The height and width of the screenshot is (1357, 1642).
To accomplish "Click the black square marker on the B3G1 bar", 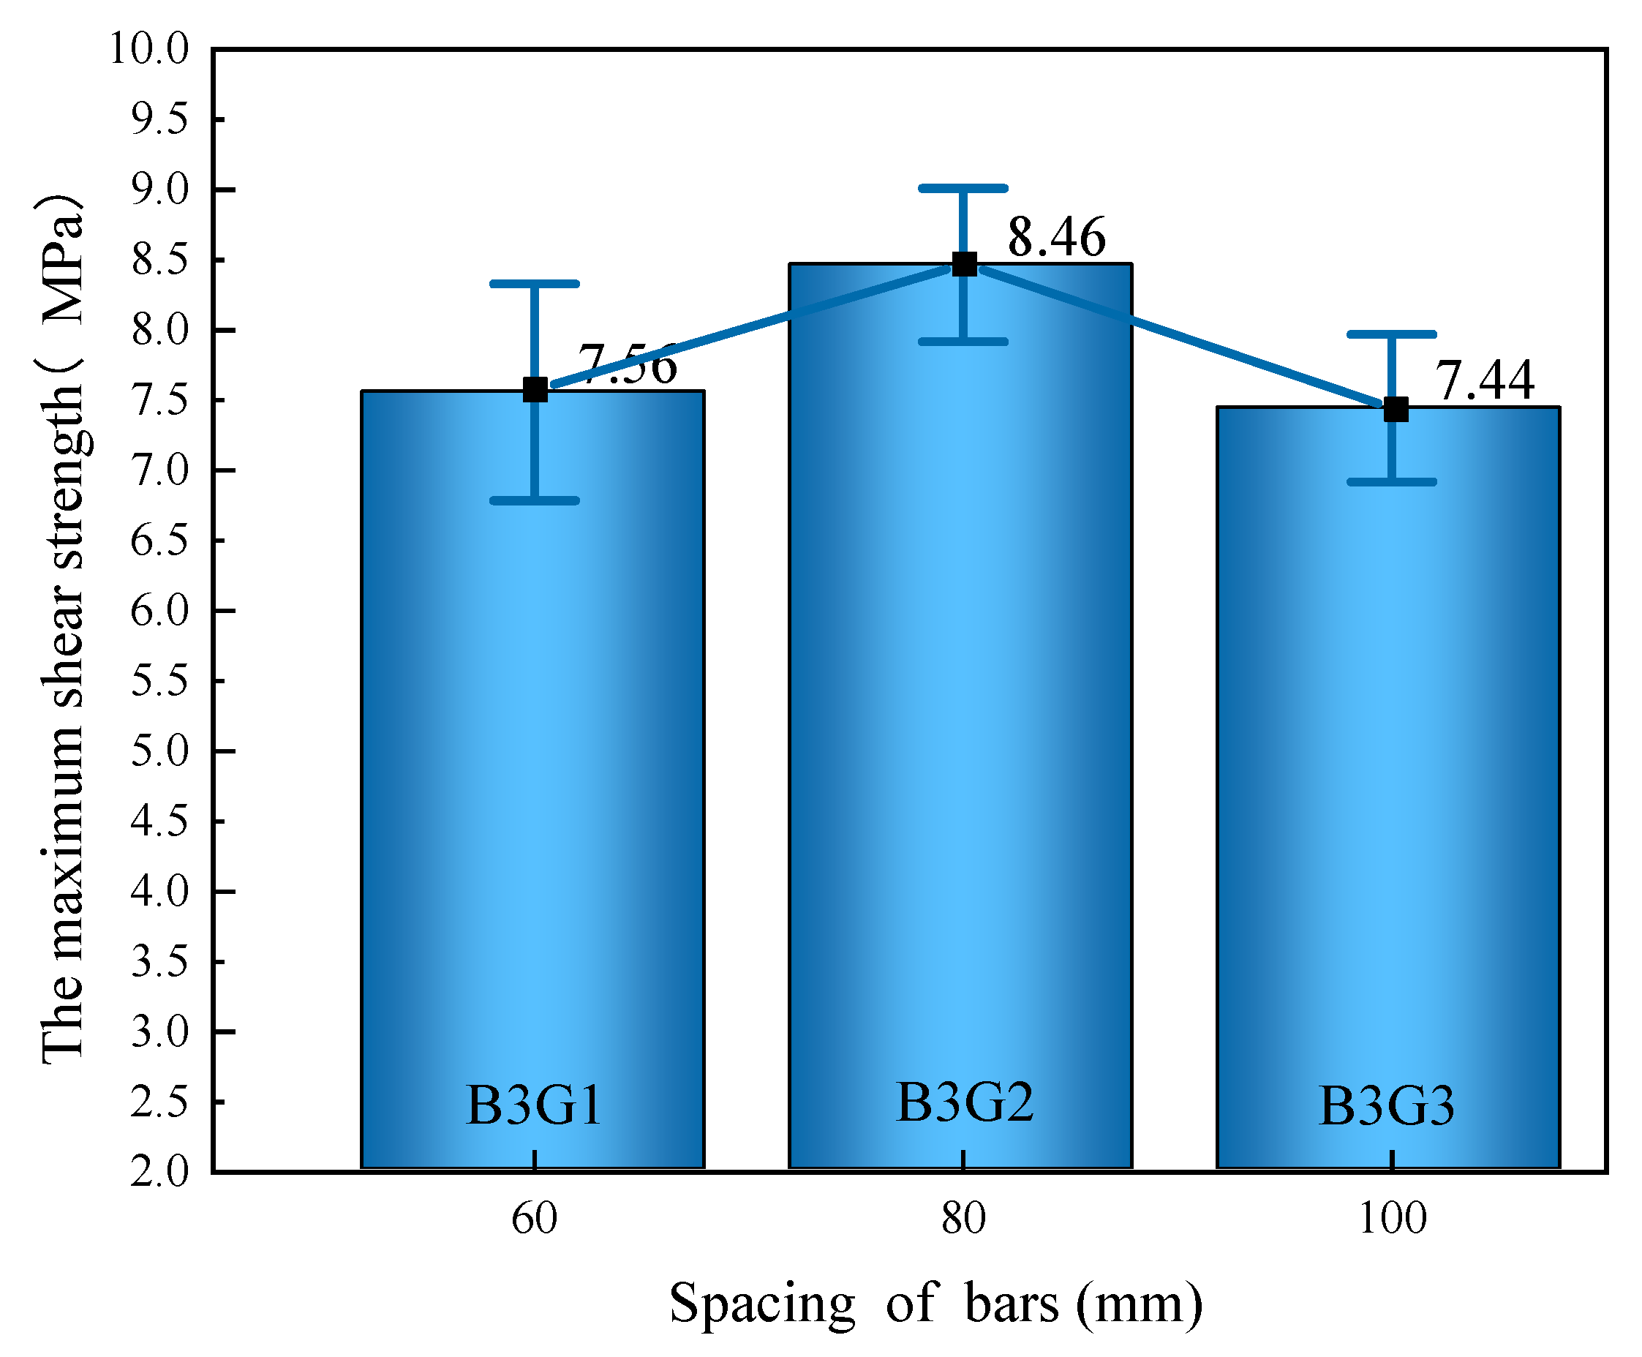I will coord(535,389).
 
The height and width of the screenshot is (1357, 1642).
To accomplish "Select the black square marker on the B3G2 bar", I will coord(964,264).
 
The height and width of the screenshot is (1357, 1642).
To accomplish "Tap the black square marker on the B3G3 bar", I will coord(1395,409).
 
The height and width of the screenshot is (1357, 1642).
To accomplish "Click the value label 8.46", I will coord(1056,237).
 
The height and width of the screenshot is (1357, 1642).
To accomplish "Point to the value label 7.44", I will coord(1484,380).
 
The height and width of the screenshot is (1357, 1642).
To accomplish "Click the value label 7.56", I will coord(627,364).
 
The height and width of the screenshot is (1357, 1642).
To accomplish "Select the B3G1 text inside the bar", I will coord(534,1105).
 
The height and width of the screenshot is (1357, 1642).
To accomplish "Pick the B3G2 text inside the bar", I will coord(964,1102).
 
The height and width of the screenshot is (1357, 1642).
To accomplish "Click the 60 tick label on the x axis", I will coord(534,1218).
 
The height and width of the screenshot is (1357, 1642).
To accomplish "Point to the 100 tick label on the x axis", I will coord(1392,1218).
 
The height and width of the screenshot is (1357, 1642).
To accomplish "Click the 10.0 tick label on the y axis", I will coord(148,48).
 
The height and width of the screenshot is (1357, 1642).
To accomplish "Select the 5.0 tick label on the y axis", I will coord(159,751).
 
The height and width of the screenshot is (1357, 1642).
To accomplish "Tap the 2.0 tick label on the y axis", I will coord(159,1171).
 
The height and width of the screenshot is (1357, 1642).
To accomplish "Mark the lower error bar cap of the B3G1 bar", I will coord(534,500).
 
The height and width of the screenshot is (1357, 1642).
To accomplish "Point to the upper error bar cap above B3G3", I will coord(1391,334).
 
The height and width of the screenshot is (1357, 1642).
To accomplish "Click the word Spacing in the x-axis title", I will coord(762,1303).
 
